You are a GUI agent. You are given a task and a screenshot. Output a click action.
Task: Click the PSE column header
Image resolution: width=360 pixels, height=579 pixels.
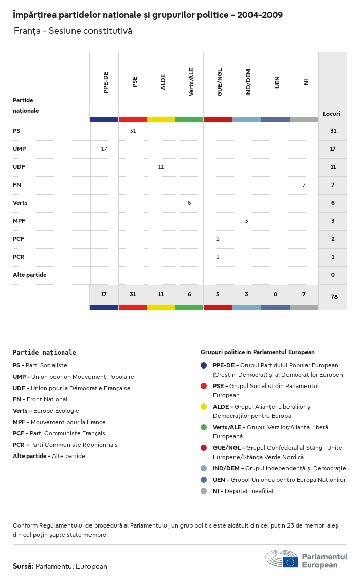135,82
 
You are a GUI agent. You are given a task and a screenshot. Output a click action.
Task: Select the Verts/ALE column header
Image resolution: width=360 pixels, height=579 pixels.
191,82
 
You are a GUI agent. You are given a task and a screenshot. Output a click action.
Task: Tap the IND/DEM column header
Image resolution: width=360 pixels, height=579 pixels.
248,82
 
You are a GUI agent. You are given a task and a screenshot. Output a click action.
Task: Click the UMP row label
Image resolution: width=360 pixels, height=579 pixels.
20,149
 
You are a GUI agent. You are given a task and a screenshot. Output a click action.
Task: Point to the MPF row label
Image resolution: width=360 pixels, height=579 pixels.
19,221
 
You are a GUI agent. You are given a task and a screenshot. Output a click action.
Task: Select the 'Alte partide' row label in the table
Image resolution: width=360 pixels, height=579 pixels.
30,275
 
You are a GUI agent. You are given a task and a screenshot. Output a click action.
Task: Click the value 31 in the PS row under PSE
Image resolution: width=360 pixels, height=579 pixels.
133,131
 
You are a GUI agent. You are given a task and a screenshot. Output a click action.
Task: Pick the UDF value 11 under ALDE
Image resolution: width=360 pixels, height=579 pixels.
161,167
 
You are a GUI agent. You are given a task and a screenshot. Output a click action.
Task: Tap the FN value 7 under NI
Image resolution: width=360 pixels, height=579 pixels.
304,185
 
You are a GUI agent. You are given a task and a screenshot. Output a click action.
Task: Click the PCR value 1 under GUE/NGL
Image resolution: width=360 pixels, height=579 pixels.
218,257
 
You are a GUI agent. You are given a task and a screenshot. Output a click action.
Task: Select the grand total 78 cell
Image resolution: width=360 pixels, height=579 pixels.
333,297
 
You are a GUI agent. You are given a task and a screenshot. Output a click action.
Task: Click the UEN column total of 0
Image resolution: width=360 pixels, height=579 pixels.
275,294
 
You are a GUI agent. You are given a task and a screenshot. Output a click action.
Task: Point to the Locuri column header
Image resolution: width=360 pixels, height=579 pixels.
332,114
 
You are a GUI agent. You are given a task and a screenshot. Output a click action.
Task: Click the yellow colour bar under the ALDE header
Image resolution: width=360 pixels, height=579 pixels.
161,119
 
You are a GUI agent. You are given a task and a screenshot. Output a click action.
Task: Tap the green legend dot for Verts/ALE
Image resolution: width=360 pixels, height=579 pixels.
204,427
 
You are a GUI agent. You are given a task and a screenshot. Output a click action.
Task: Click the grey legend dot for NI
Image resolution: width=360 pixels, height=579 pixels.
204,491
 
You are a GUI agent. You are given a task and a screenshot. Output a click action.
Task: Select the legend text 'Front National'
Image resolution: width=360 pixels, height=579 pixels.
46,399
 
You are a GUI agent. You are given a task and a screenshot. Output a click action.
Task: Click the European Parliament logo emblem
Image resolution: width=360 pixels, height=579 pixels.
282,558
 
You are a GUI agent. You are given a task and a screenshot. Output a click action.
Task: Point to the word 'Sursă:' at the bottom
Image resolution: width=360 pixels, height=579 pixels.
23,566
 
